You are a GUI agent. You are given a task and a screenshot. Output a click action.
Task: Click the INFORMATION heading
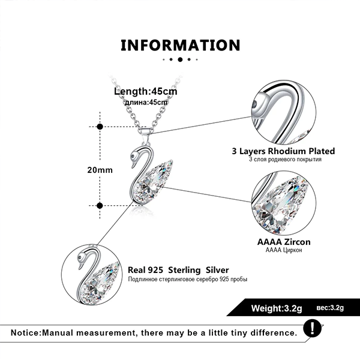pyautogui.click(x=180, y=45)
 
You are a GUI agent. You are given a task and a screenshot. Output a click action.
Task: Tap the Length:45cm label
pyautogui.click(x=146, y=91)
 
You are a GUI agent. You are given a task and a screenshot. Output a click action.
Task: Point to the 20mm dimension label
pyautogui.click(x=100, y=170)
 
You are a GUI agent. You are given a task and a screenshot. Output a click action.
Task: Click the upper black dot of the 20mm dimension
pyautogui.click(x=100, y=127)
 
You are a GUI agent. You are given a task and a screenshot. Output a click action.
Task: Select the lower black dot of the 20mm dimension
pyautogui.click(x=100, y=205)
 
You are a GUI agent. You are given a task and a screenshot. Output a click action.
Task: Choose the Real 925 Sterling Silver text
pyautogui.click(x=178, y=270)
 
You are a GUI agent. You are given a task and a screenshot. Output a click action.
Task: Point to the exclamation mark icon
pyautogui.click(x=312, y=329)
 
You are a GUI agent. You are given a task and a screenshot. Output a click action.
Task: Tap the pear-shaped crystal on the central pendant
pyautogui.click(x=153, y=180)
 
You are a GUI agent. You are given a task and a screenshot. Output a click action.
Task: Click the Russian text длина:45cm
pyautogui.click(x=146, y=103)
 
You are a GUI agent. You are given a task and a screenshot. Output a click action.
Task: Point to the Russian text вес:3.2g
pyautogui.click(x=330, y=308)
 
